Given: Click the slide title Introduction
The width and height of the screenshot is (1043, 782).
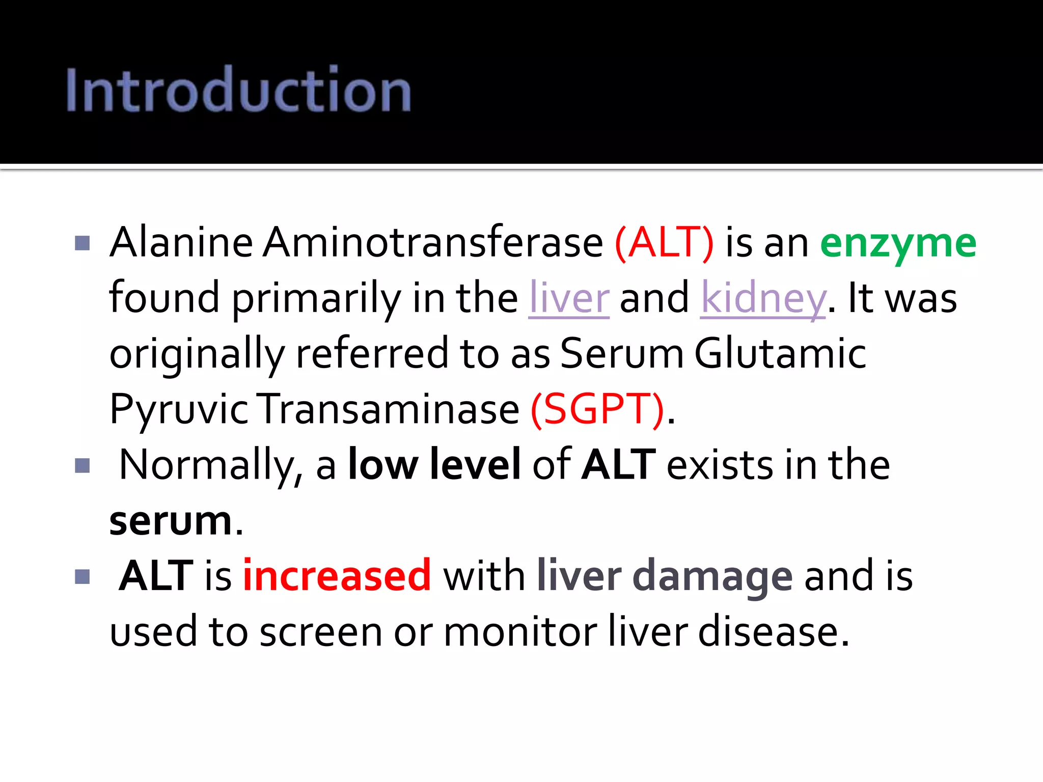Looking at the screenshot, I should pyautogui.click(x=238, y=90).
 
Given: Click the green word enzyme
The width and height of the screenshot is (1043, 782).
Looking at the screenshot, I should pyautogui.click(x=898, y=243).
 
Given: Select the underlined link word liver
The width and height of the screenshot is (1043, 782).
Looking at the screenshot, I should pyautogui.click(x=569, y=298).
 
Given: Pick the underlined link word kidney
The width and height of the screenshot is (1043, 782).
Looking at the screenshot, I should pyautogui.click(x=762, y=299).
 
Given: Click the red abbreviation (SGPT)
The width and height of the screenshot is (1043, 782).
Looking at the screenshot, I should pyautogui.click(x=597, y=409).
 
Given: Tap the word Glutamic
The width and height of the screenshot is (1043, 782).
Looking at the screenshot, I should pyautogui.click(x=780, y=353).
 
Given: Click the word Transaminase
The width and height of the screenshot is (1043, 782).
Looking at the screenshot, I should pyautogui.click(x=389, y=409).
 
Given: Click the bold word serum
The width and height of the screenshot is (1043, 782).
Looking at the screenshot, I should pyautogui.click(x=171, y=521).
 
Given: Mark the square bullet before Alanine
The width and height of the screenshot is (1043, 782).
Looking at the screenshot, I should pyautogui.click(x=82, y=243).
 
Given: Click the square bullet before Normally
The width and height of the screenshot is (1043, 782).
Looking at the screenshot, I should pyautogui.click(x=82, y=465).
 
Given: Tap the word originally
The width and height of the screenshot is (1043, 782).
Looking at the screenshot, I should pyautogui.click(x=197, y=354).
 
